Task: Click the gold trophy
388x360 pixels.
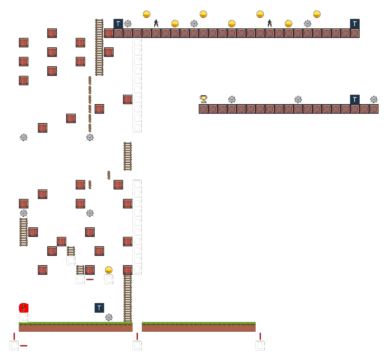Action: pos(203,99)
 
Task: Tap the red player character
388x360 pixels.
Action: pos(24,308)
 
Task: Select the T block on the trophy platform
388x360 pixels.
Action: pos(355,99)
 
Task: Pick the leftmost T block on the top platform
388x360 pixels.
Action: pos(118,24)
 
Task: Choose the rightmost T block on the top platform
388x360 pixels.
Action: pos(355,24)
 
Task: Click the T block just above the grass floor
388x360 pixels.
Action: pos(99,308)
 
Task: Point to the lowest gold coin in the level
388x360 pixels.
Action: pos(109,270)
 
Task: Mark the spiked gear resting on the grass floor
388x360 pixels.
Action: pos(109,317)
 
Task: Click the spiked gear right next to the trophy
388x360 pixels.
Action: pos(232,99)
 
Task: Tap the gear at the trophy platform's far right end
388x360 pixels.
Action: pos(374,99)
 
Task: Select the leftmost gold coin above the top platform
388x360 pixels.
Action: pos(147,14)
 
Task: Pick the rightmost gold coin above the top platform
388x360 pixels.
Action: pos(317,14)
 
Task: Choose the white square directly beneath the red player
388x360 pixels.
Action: pos(24,317)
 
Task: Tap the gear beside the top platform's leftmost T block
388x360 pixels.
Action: pos(128,24)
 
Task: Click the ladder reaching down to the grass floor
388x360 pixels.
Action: pos(128,298)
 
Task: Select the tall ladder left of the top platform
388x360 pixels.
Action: pos(99,47)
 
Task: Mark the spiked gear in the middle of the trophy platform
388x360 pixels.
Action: pos(298,99)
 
